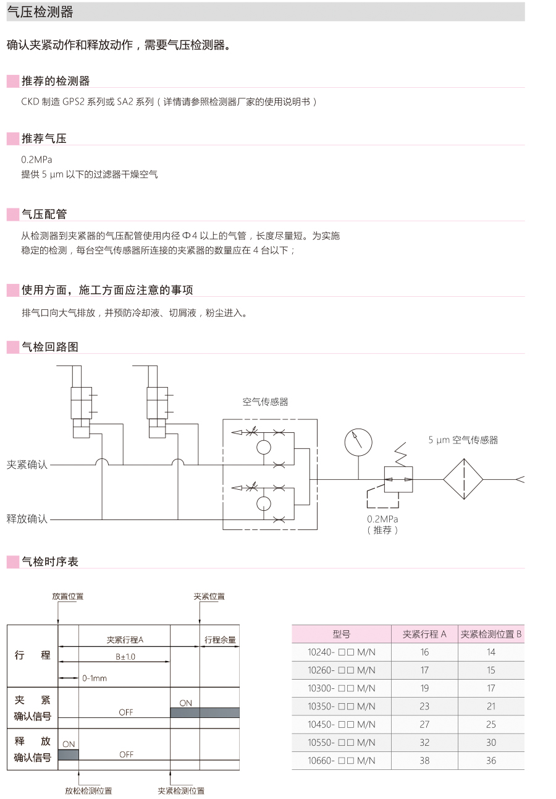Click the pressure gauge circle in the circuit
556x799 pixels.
click(358, 442)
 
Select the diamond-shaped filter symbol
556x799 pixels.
click(463, 479)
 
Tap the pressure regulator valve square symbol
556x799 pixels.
click(398, 479)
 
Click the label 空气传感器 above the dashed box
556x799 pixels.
click(265, 402)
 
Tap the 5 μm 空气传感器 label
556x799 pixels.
click(463, 440)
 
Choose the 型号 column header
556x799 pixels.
click(341, 634)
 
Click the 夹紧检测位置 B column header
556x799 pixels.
click(491, 634)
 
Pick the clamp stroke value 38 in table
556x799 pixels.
click(424, 761)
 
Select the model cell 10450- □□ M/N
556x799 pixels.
click(341, 724)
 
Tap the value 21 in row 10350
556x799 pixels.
click(491, 706)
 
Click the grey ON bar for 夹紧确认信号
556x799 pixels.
click(204, 712)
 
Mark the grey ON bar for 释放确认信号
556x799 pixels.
click(69, 754)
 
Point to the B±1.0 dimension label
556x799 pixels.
click(125, 657)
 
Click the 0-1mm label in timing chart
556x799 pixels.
click(95, 678)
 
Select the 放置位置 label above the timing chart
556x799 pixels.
click(68, 597)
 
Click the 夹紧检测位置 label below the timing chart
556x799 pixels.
click(181, 791)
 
